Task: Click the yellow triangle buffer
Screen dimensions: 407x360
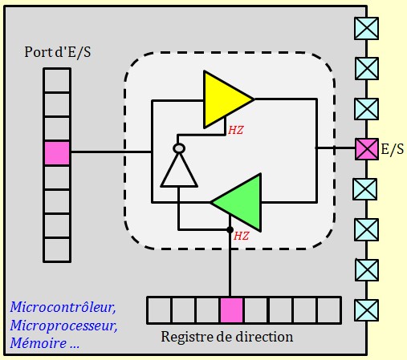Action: (223, 99)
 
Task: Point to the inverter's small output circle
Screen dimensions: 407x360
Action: (179, 148)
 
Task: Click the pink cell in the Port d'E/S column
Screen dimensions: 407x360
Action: (57, 153)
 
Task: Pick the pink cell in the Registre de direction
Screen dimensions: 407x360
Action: (232, 310)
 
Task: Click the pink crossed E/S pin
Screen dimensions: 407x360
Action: (367, 149)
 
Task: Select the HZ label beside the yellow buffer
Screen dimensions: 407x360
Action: (236, 131)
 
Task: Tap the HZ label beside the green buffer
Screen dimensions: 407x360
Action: (242, 236)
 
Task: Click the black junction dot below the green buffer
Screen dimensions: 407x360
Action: (230, 229)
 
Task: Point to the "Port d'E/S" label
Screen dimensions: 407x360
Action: (58, 52)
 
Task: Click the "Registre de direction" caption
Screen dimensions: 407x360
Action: (227, 337)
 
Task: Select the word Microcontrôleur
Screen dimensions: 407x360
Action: (63, 307)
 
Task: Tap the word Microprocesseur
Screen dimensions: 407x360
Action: (64, 326)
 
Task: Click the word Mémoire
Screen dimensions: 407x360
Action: (39, 343)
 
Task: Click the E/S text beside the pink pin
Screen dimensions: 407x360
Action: (393, 149)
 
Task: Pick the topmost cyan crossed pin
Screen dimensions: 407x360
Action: (366, 28)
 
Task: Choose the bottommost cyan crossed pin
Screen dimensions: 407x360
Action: (367, 310)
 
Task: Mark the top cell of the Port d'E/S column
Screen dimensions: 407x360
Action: (57, 80)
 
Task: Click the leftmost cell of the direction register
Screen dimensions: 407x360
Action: (160, 310)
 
